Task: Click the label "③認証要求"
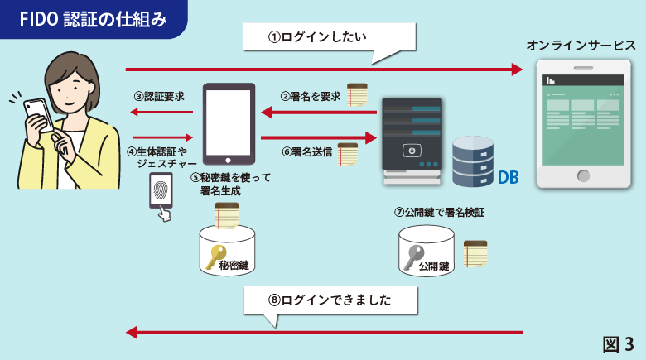click(x=161, y=95)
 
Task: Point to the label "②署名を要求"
click(x=311, y=95)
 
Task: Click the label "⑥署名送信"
click(x=307, y=152)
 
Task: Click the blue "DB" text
click(x=508, y=176)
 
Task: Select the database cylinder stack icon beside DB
click(x=473, y=161)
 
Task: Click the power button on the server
click(x=412, y=151)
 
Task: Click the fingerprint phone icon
click(x=161, y=196)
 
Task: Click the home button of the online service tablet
click(x=584, y=175)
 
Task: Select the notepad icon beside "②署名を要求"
click(x=357, y=95)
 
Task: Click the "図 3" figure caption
click(x=618, y=343)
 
